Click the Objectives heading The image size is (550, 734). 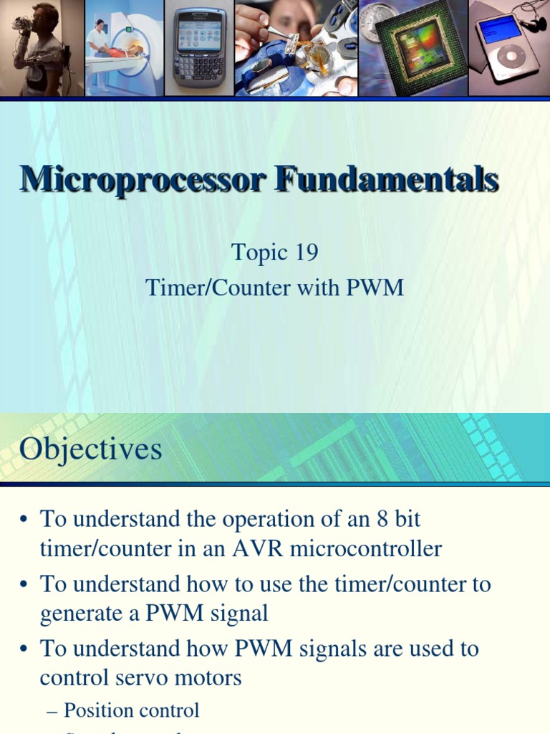click(91, 449)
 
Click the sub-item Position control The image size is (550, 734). click(131, 710)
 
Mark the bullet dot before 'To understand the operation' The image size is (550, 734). click(24, 520)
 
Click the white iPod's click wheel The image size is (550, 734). click(510, 57)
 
